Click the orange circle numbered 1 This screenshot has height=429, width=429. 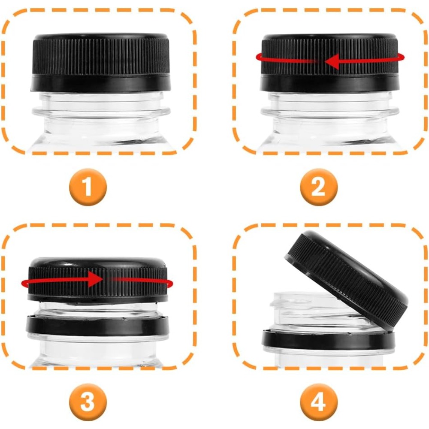pos(88,187)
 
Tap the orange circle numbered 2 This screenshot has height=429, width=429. pos(319,187)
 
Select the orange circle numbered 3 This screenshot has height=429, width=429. pos(88,402)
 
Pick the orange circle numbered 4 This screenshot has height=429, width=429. pos(319,402)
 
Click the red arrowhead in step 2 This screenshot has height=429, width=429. pos(332,61)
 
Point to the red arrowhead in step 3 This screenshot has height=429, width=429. pos(95,279)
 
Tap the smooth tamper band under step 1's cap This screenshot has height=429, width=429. pos(100,84)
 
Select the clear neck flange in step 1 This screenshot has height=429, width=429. pos(101,112)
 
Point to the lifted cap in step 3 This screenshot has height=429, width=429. pos(98,281)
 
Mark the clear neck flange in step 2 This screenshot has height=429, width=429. pos(329,112)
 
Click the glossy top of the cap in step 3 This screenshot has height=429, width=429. pos(98,263)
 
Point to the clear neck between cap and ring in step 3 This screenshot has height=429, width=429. pos(98,310)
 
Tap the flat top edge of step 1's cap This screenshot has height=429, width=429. pos(101,36)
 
